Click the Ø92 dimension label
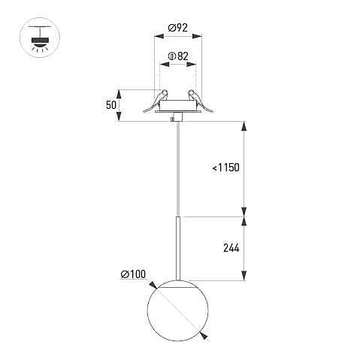pos(177,28)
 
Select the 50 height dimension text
pos(111,105)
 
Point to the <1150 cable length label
pos(225,168)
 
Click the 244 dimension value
pos(231,248)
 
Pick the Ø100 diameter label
pos(133,274)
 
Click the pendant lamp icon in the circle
pos(40,38)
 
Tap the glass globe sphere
pos(177,310)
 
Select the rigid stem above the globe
pos(178,248)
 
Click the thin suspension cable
pos(178,169)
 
